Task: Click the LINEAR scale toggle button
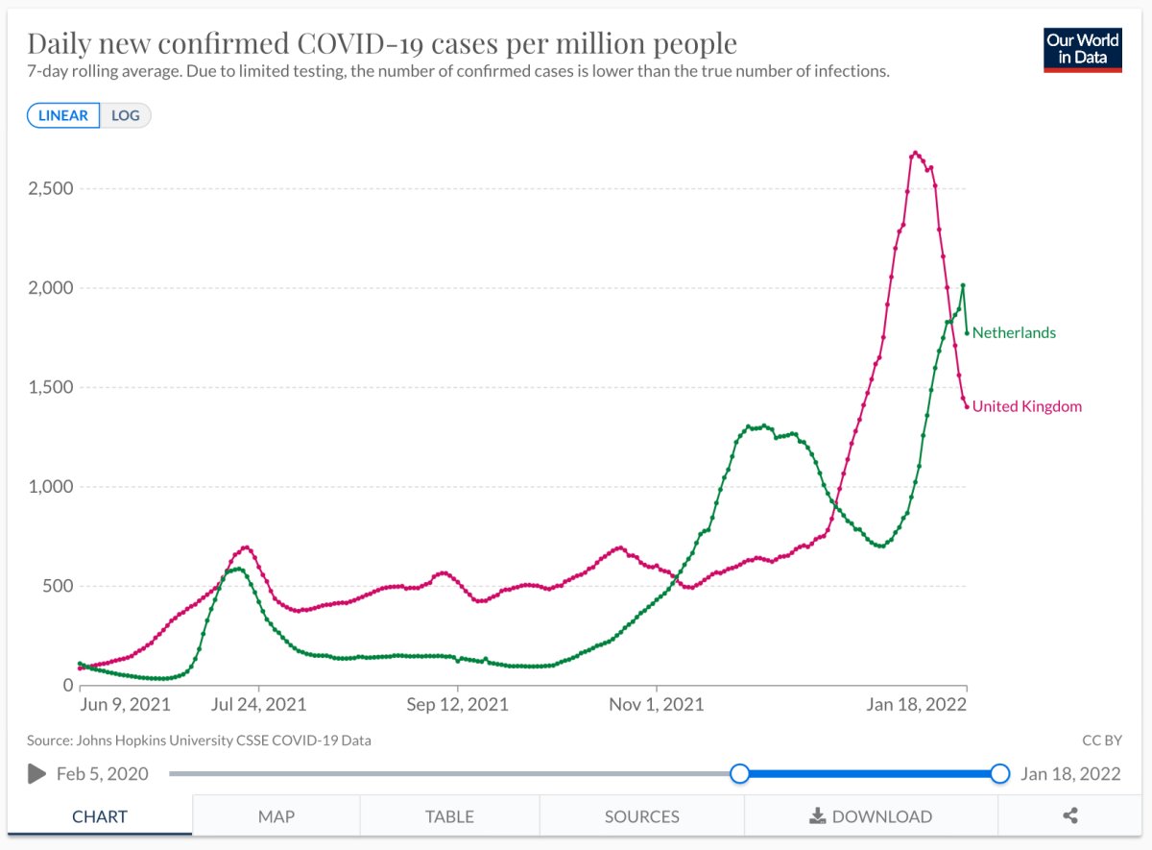(63, 115)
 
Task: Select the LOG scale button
(126, 115)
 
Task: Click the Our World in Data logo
(1082, 49)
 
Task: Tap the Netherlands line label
(1014, 333)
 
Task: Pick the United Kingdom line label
(1026, 406)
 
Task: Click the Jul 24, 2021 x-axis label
(259, 704)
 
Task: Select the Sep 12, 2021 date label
(458, 704)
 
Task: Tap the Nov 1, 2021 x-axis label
(657, 704)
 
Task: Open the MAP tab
(276, 816)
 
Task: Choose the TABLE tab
(449, 816)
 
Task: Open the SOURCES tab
(641, 816)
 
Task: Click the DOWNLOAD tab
(871, 816)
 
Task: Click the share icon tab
(1070, 816)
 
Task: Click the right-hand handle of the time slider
(999, 773)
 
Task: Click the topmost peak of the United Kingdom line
(915, 153)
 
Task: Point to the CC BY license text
(1101, 741)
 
